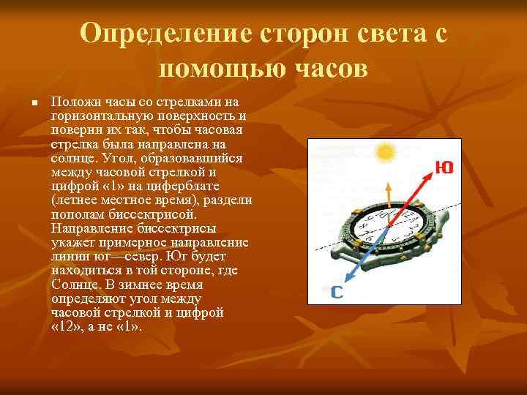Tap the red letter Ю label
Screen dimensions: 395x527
442,168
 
